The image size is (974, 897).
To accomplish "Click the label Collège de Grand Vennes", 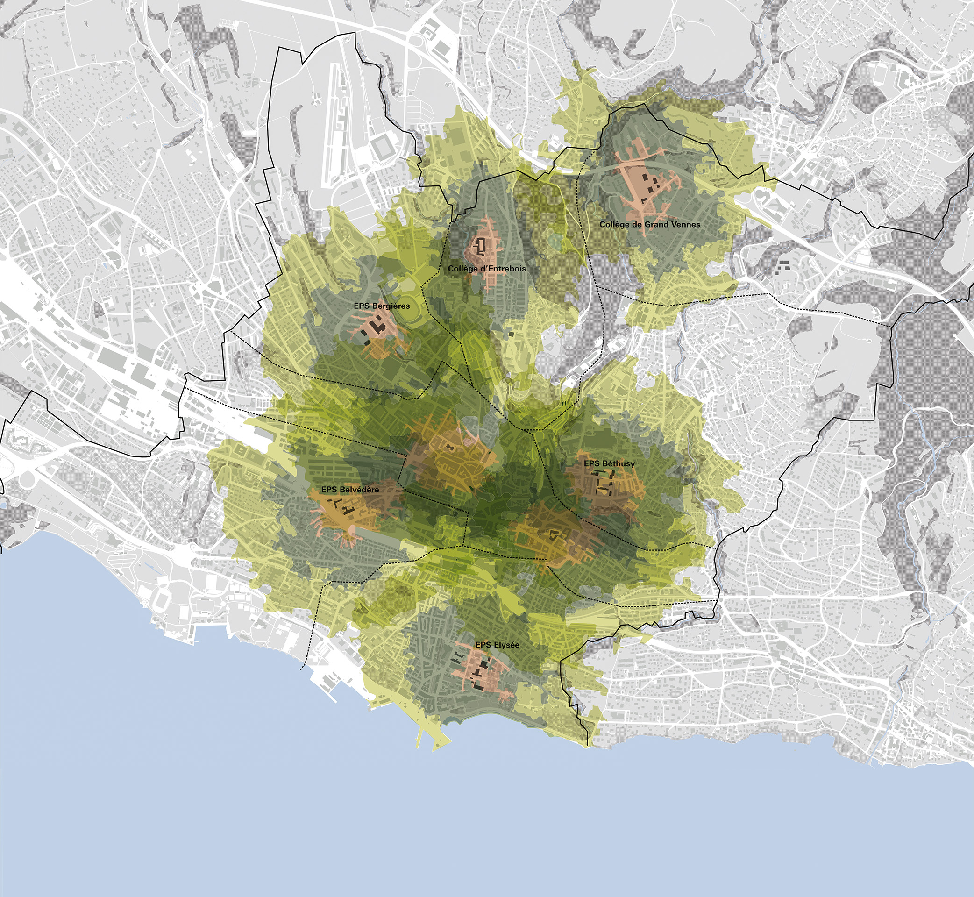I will pos(649,224).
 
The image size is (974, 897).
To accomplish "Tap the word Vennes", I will pos(685,224).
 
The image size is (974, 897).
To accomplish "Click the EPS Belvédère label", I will pos(350,489).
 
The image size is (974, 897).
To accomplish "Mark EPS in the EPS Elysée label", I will pos(483,645).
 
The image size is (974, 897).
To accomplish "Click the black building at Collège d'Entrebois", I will pos(482,246).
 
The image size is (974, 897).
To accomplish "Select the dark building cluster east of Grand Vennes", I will pos(783,264).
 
